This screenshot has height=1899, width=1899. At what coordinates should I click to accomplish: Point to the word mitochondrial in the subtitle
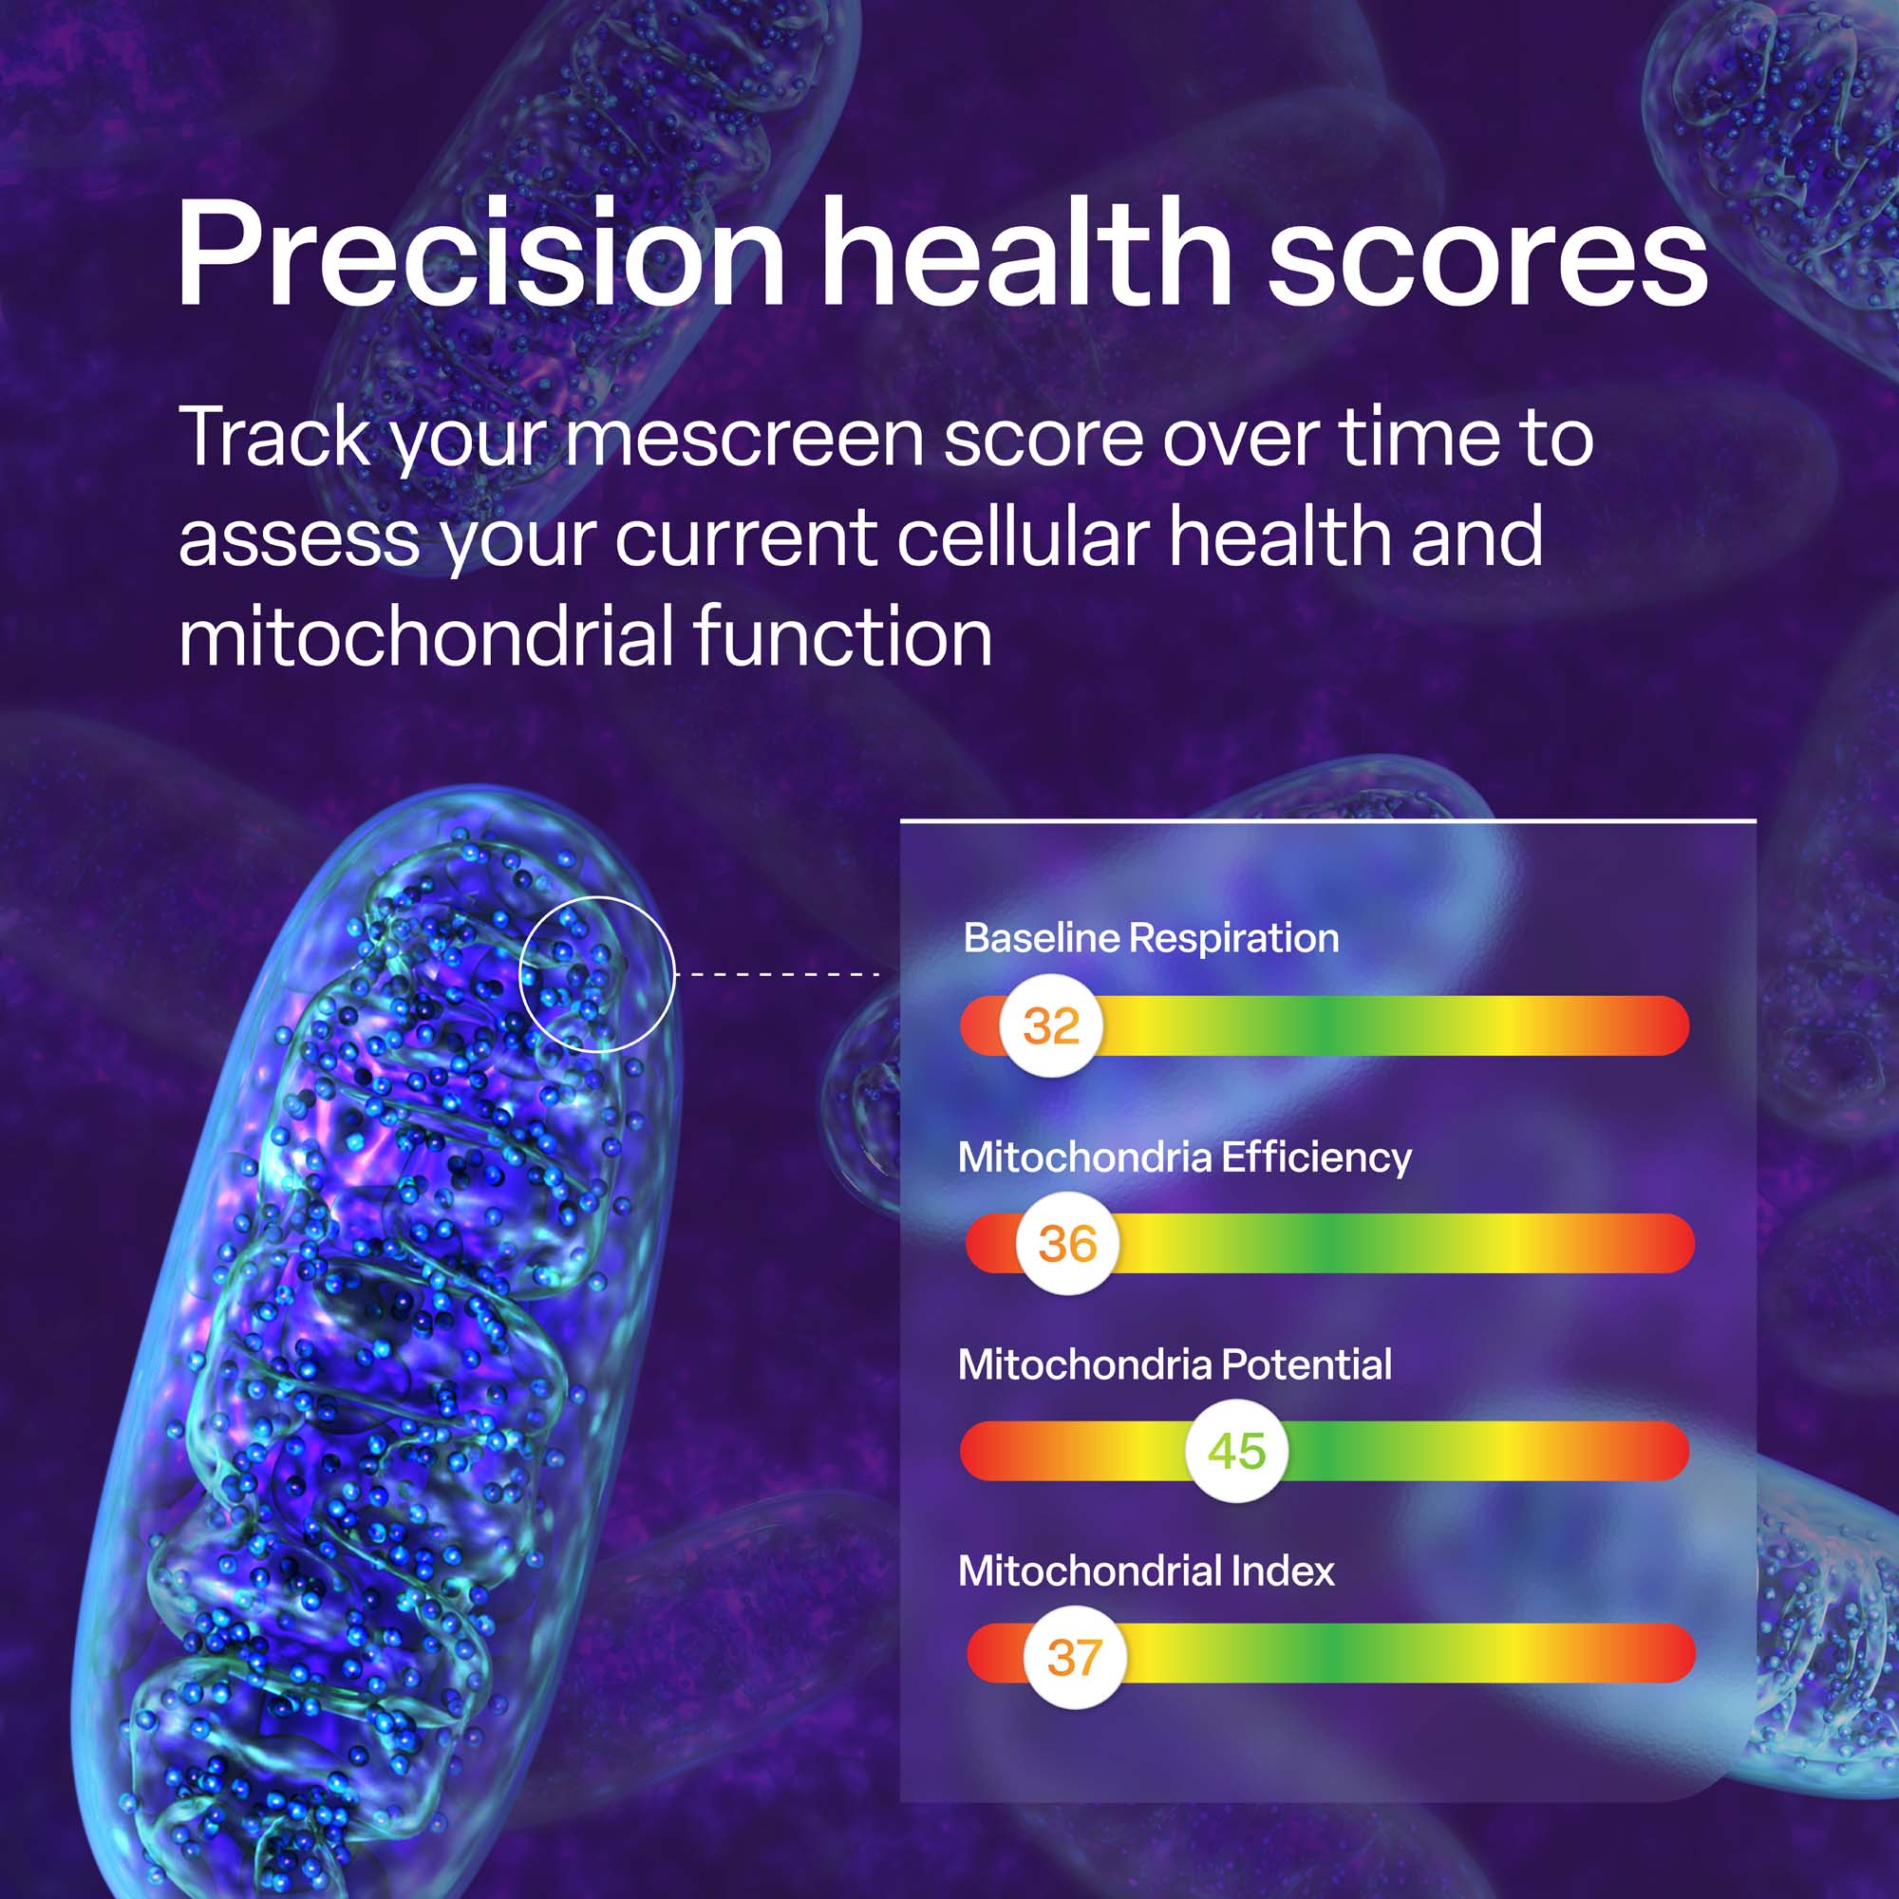click(424, 637)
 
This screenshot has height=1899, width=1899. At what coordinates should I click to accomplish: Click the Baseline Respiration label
click(1151, 938)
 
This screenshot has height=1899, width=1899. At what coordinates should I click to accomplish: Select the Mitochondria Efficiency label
click(1184, 1156)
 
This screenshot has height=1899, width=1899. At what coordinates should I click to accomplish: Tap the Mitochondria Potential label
click(1175, 1364)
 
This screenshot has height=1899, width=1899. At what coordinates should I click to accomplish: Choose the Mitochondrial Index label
click(1146, 1570)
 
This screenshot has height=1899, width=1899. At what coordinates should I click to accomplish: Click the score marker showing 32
click(1051, 1025)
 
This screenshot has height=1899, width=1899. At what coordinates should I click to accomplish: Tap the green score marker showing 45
click(1236, 1450)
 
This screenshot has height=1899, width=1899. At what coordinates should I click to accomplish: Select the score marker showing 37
click(1073, 1657)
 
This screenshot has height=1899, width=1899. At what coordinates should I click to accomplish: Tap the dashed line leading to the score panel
click(778, 974)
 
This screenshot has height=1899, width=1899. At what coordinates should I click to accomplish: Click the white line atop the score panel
click(1328, 819)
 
